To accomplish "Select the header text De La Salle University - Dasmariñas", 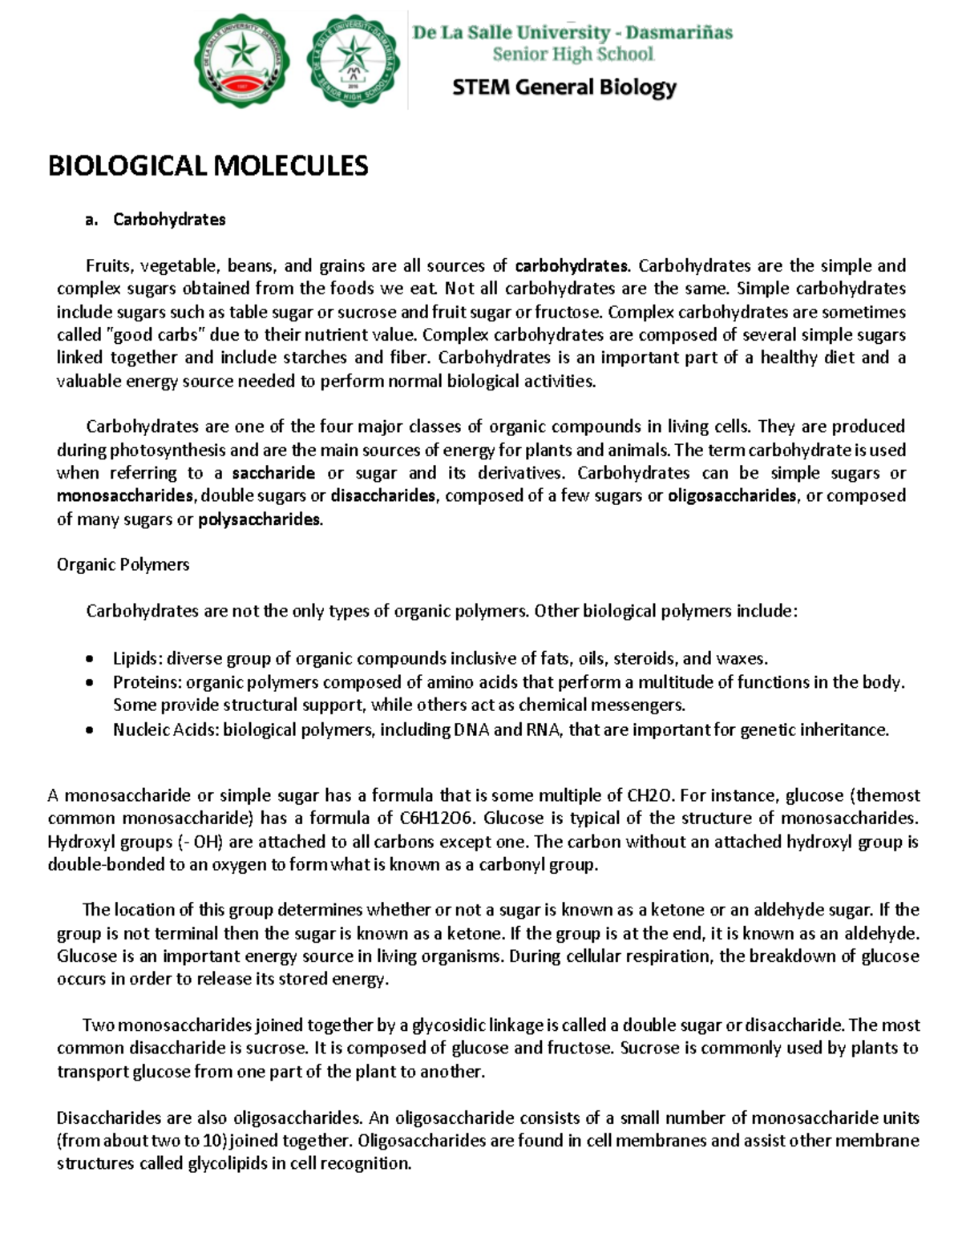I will (572, 33).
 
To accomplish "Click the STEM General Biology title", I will (564, 87).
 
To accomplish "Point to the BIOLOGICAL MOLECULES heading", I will (208, 166).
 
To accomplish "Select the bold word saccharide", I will (273, 473).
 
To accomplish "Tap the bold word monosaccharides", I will (125, 496).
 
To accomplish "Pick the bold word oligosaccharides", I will (732, 496).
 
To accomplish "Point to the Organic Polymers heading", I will (123, 564).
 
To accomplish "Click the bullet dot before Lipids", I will (90, 660).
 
